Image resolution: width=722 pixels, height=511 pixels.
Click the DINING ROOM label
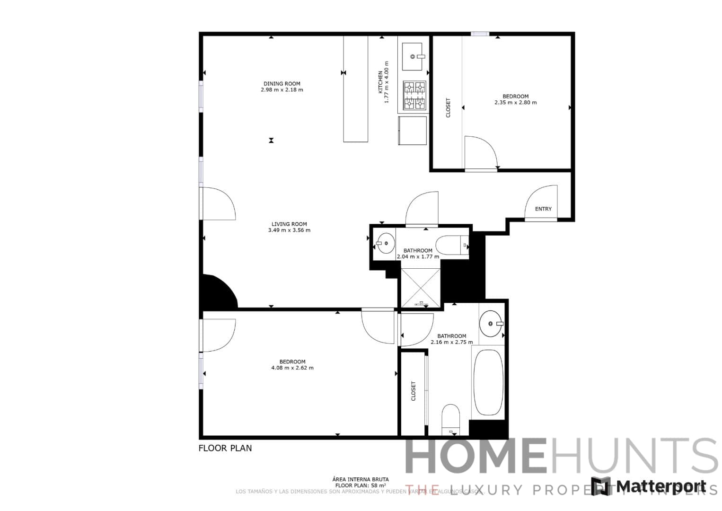(282, 84)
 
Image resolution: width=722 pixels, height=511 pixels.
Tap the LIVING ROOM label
(289, 224)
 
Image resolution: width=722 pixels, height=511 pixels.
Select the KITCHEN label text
(380, 82)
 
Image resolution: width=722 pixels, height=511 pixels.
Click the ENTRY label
(543, 209)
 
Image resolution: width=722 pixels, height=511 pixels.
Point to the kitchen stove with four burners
(414, 95)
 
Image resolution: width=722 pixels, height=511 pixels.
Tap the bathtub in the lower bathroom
(488, 382)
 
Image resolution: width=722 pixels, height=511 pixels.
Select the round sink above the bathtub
(491, 324)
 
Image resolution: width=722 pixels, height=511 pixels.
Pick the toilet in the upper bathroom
(452, 246)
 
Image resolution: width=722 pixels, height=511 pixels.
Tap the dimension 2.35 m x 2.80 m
(515, 103)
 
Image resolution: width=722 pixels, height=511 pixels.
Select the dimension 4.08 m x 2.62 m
(292, 368)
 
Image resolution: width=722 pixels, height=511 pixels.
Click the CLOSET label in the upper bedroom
(448, 108)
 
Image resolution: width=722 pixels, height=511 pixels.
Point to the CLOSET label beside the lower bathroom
(413, 391)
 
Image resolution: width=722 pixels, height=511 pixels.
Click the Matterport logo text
(660, 486)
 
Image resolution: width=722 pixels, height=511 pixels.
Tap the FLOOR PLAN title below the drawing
(225, 448)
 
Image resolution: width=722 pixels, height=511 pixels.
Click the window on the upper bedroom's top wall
(479, 34)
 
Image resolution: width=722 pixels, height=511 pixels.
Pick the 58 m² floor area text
(361, 485)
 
